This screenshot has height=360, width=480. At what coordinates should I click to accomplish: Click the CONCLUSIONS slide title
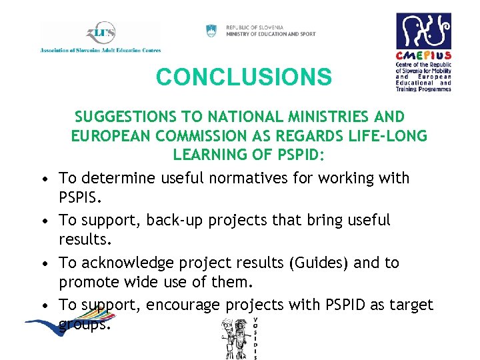243,77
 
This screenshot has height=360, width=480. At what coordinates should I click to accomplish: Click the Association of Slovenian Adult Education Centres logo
100,37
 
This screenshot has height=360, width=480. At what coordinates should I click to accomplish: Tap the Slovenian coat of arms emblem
211,31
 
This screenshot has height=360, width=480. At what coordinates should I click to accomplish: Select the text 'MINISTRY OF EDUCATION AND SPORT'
271,34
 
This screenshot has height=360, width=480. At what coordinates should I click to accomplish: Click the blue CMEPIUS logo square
423,31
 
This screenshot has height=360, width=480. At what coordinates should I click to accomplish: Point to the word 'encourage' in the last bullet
184,305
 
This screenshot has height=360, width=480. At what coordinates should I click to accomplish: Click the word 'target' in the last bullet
411,305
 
